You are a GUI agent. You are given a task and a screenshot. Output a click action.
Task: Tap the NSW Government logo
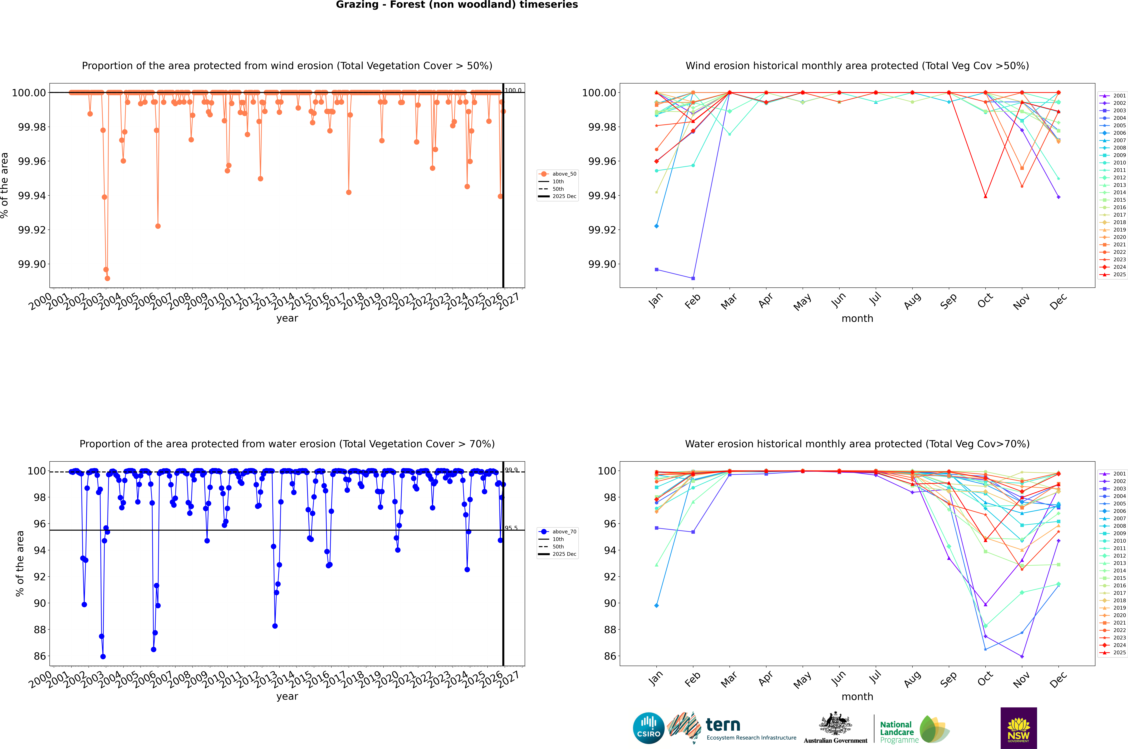pyautogui.click(x=1018, y=728)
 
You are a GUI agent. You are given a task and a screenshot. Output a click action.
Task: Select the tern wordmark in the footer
pyautogui.click(x=723, y=725)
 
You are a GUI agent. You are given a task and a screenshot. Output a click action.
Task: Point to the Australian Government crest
pyautogui.click(x=835, y=725)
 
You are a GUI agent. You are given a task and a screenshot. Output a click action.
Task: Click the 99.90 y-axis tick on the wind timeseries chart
pyautogui.click(x=32, y=264)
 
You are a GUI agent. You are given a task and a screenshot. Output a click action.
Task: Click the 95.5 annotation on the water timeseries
pyautogui.click(x=511, y=528)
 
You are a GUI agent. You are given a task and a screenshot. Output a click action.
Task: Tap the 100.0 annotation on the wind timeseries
pyautogui.click(x=513, y=90)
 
